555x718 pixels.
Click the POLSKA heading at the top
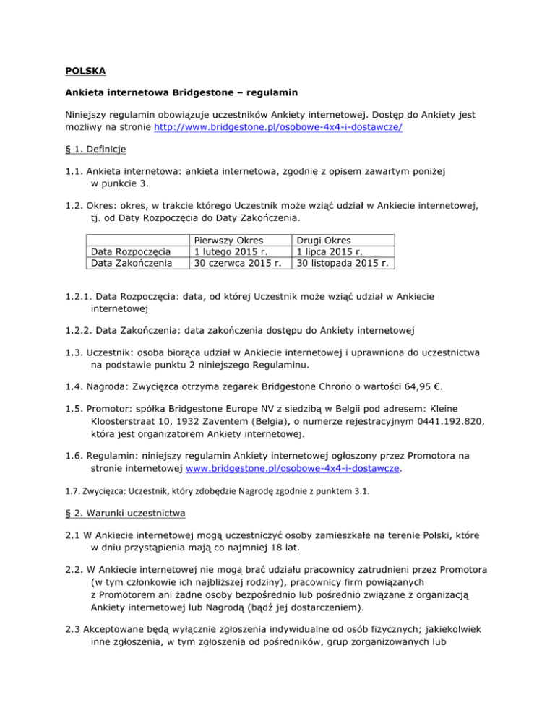pyautogui.click(x=81, y=73)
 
